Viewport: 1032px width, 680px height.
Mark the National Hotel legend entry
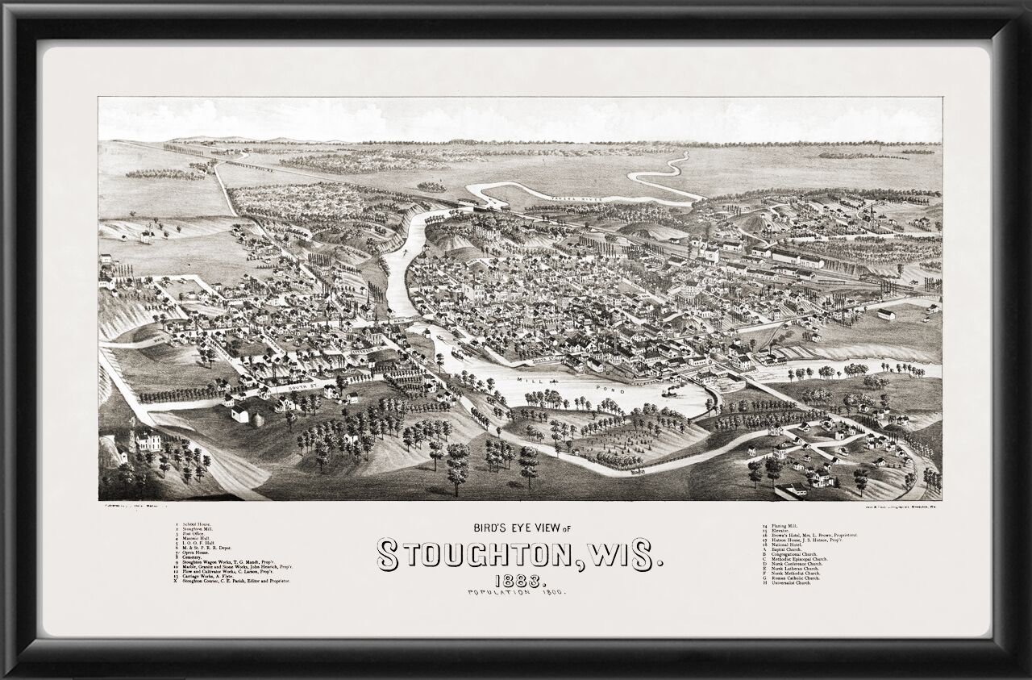pyautogui.click(x=780, y=545)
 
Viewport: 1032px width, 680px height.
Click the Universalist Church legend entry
pyautogui.click(x=785, y=582)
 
